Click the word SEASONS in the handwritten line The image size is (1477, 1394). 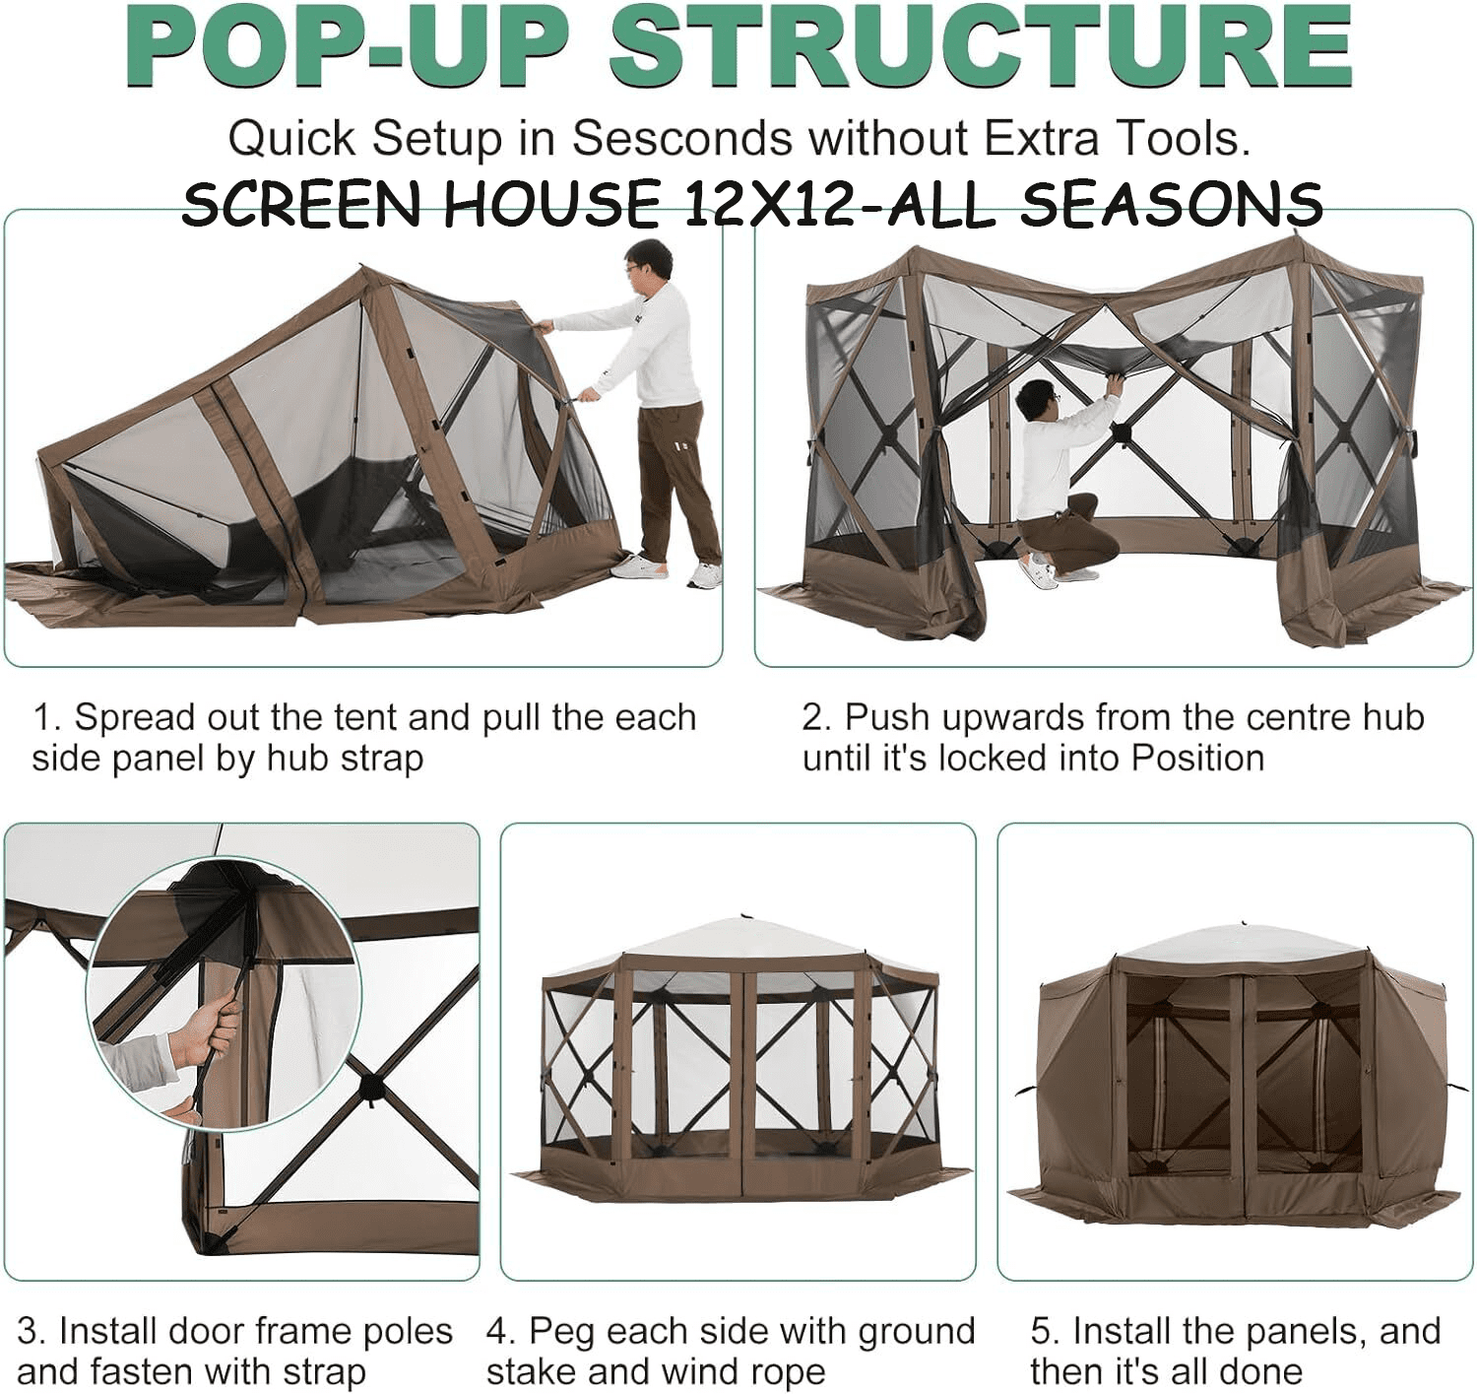[x=1172, y=203]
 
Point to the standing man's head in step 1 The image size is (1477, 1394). [x=648, y=262]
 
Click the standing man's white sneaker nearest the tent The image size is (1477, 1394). [x=637, y=566]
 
